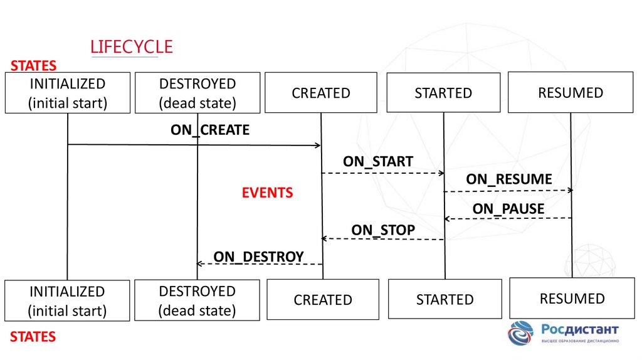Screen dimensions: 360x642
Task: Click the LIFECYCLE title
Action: pos(131,47)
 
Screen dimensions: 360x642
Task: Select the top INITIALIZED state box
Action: pos(67,93)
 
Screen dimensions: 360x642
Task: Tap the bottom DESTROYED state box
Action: pos(197,300)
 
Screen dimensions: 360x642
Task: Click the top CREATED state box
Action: pos(320,93)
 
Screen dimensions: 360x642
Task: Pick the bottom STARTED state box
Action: pos(445,299)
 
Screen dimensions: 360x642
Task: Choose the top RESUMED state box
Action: pos(570,93)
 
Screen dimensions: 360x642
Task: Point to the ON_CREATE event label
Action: pos(209,130)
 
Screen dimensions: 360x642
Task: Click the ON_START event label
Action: pos(377,161)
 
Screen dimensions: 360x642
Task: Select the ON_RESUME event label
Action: pos(508,179)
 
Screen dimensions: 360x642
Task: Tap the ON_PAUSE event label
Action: pos(508,208)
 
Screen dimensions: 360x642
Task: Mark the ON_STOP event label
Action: pos(382,230)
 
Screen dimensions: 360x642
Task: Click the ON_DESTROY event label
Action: pos(258,256)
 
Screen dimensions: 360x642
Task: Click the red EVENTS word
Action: pos(267,193)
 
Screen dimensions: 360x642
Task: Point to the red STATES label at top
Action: pos(33,65)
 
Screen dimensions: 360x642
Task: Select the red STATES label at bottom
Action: pos(33,337)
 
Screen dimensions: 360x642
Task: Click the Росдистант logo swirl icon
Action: pos(520,333)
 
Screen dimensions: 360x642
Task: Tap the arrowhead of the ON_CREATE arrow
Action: pos(318,146)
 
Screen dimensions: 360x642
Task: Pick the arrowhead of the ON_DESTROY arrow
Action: pos(200,263)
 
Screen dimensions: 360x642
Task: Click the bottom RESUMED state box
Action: pos(572,298)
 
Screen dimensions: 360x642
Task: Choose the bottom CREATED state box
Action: pos(322,299)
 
